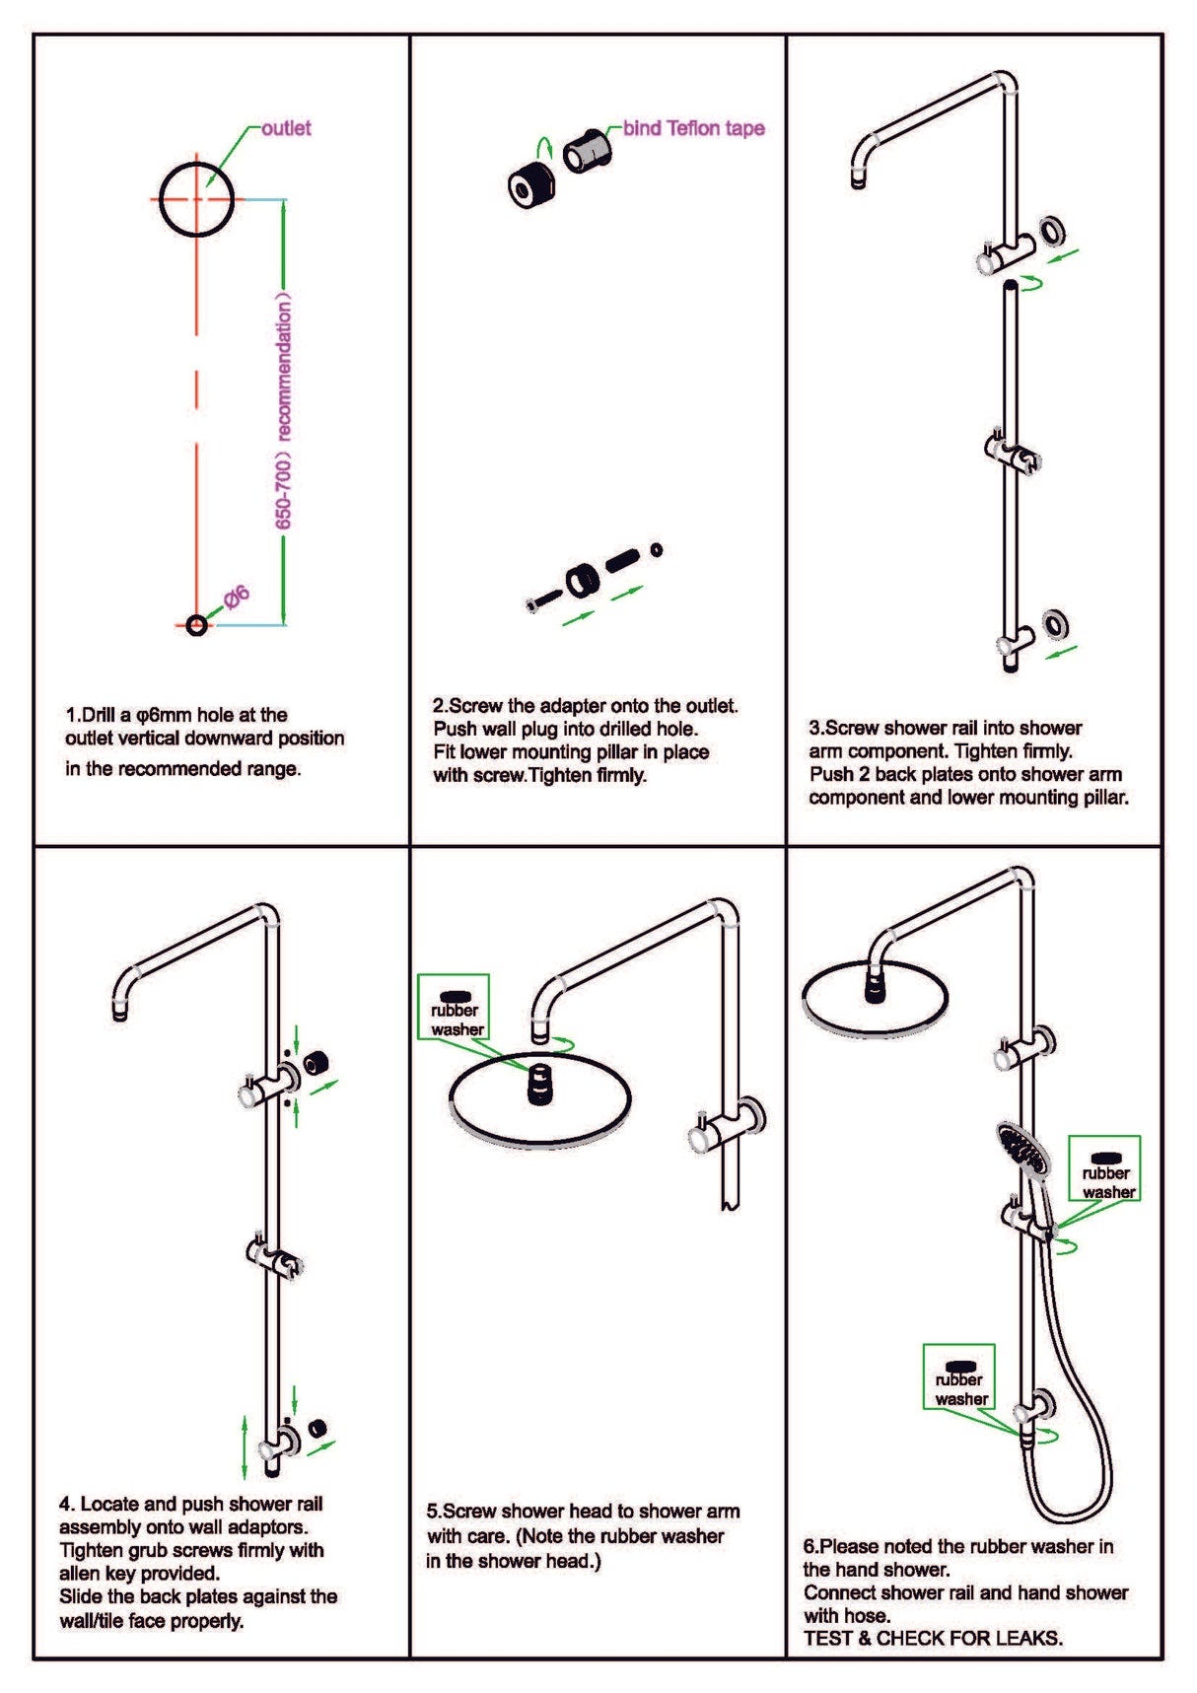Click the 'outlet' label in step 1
286,128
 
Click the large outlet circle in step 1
197,199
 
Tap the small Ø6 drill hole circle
196,625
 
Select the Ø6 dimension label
237,598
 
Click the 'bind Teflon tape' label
693,128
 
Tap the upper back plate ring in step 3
1053,231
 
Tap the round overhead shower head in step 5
540,1096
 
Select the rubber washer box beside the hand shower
1105,1169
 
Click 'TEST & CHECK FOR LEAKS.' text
933,1638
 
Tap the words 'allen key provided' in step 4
139,1573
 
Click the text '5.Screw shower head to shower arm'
583,1511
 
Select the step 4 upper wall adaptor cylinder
316,1063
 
